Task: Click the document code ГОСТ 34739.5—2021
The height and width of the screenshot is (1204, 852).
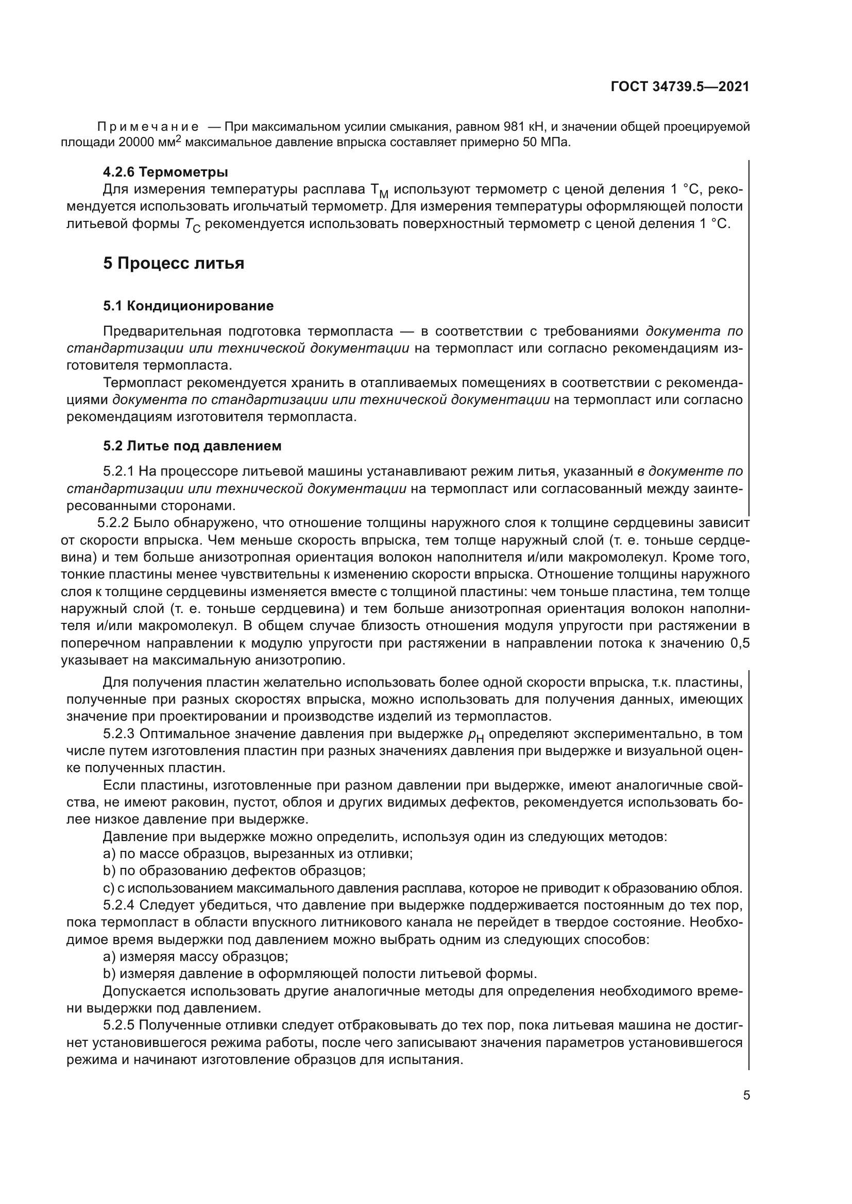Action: click(x=680, y=87)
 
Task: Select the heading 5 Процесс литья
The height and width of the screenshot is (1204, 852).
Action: click(x=174, y=263)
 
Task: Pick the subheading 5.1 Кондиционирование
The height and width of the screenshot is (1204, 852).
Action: click(x=189, y=306)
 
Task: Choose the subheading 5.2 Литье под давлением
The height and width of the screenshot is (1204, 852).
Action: click(x=192, y=446)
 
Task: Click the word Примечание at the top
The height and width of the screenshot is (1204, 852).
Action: click(x=148, y=127)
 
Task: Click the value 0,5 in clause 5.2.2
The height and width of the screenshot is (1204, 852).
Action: click(x=740, y=643)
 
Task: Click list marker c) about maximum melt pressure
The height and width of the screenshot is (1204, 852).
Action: click(x=109, y=888)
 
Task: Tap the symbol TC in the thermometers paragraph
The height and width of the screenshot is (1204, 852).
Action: click(x=193, y=225)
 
